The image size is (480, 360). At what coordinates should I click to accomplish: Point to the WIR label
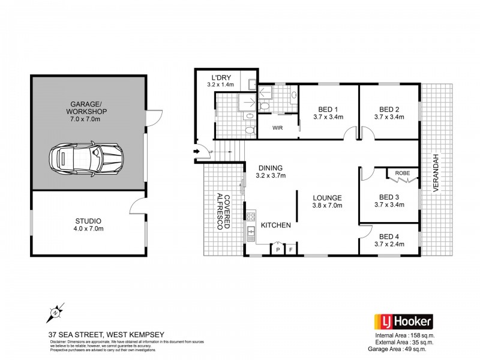click(x=277, y=128)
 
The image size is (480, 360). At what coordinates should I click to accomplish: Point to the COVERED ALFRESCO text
click(x=223, y=211)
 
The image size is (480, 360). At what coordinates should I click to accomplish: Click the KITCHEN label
click(x=276, y=225)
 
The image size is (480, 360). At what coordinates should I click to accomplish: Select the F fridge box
click(x=291, y=249)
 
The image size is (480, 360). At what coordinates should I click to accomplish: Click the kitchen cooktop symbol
click(x=250, y=217)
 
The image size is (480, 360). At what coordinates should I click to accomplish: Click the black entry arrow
click(x=196, y=151)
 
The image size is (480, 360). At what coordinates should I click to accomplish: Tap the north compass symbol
click(x=55, y=312)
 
